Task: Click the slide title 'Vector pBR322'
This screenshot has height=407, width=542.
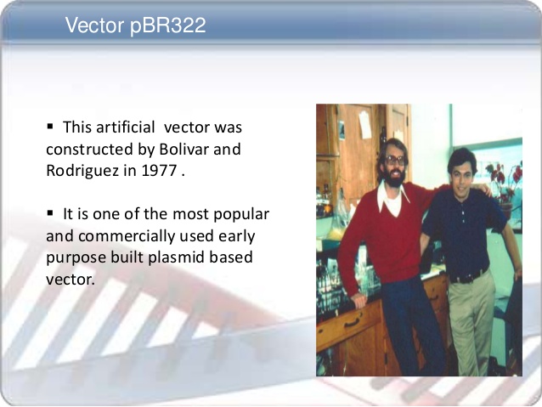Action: pyautogui.click(x=135, y=26)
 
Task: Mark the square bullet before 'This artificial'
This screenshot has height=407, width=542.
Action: pyautogui.click(x=50, y=127)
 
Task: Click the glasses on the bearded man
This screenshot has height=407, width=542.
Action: pyautogui.click(x=394, y=160)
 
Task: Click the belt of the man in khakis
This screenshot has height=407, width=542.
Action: pyautogui.click(x=469, y=275)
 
